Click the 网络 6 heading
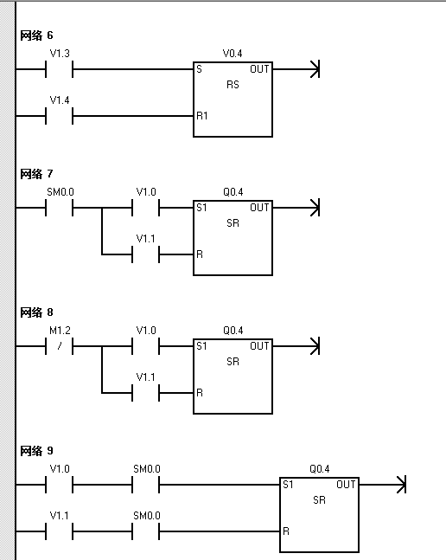pyautogui.click(x=36, y=35)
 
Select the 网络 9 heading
pyautogui.click(x=36, y=451)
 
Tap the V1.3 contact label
pyautogui.click(x=60, y=54)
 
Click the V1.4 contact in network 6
pyautogui.click(x=59, y=116)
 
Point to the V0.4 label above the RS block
pyautogui.click(x=233, y=54)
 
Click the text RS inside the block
pyautogui.click(x=233, y=85)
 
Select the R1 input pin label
pyautogui.click(x=201, y=116)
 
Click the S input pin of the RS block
pyautogui.click(x=199, y=69)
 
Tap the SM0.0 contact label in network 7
pyautogui.click(x=61, y=192)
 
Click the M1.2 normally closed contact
pyautogui.click(x=59, y=346)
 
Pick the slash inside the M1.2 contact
pyautogui.click(x=60, y=345)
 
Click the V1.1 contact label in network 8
pyautogui.click(x=145, y=377)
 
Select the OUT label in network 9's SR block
pyautogui.click(x=346, y=485)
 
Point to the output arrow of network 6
pyautogui.click(x=296, y=69)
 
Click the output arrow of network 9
pyautogui.click(x=383, y=485)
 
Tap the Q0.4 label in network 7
pyautogui.click(x=233, y=192)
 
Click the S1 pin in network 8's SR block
pyautogui.click(x=201, y=346)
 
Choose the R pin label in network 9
pyautogui.click(x=286, y=531)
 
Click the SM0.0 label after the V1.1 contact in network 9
pyautogui.click(x=147, y=516)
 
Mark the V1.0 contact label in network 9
pyautogui.click(x=60, y=469)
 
